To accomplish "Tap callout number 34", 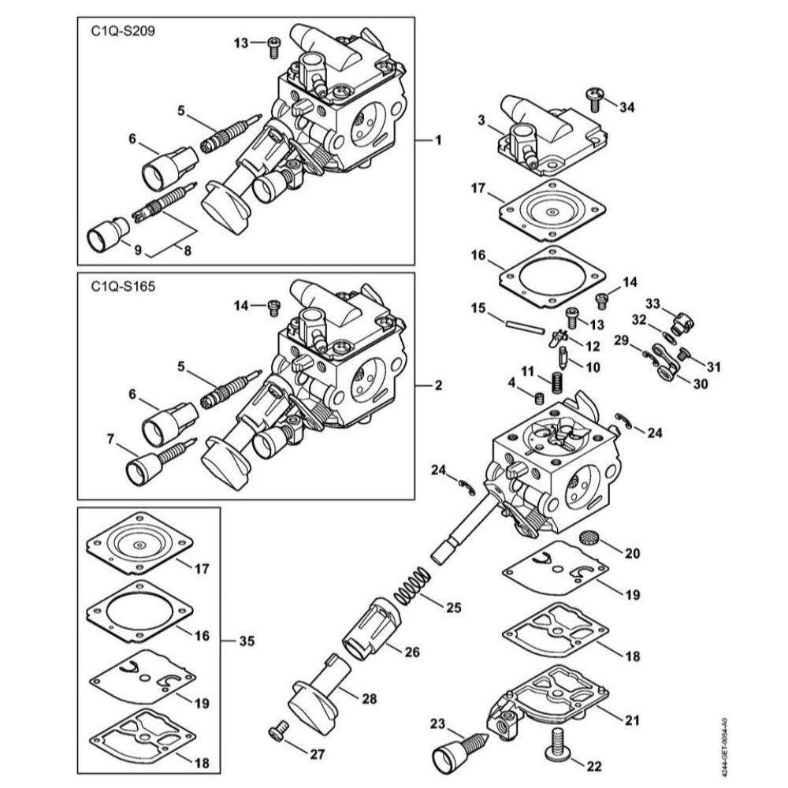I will [x=626, y=106].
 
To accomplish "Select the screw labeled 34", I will [x=596, y=97].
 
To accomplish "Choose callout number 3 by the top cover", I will [x=481, y=119].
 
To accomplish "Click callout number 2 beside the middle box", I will [x=438, y=386].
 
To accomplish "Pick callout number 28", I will [x=369, y=698].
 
